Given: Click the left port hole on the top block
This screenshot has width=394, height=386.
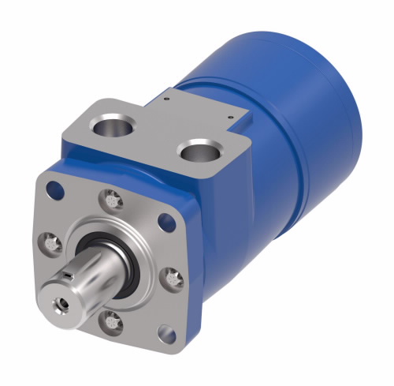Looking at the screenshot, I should [x=110, y=123].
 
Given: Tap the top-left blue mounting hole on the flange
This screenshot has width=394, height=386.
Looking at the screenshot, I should [x=54, y=189].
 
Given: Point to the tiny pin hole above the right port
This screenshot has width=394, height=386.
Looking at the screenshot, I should [x=229, y=118].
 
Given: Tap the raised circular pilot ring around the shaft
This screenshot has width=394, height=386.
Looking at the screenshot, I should [x=118, y=237].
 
